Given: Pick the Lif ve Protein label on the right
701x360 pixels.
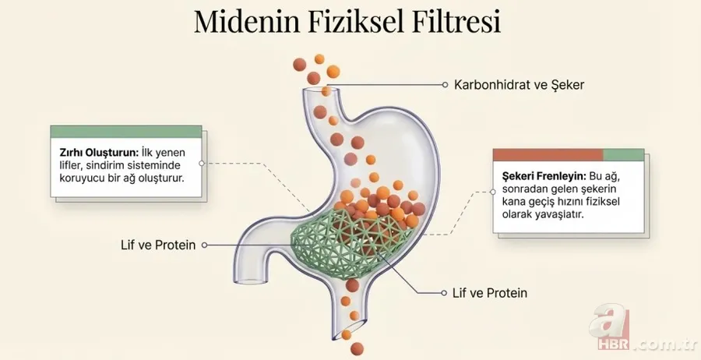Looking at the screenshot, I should tap(490, 294).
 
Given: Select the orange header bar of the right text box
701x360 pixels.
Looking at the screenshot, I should tap(549, 155).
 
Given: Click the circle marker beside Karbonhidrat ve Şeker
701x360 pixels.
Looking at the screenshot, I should tap(445, 84).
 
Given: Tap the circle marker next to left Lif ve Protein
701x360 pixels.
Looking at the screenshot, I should tap(204, 245).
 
